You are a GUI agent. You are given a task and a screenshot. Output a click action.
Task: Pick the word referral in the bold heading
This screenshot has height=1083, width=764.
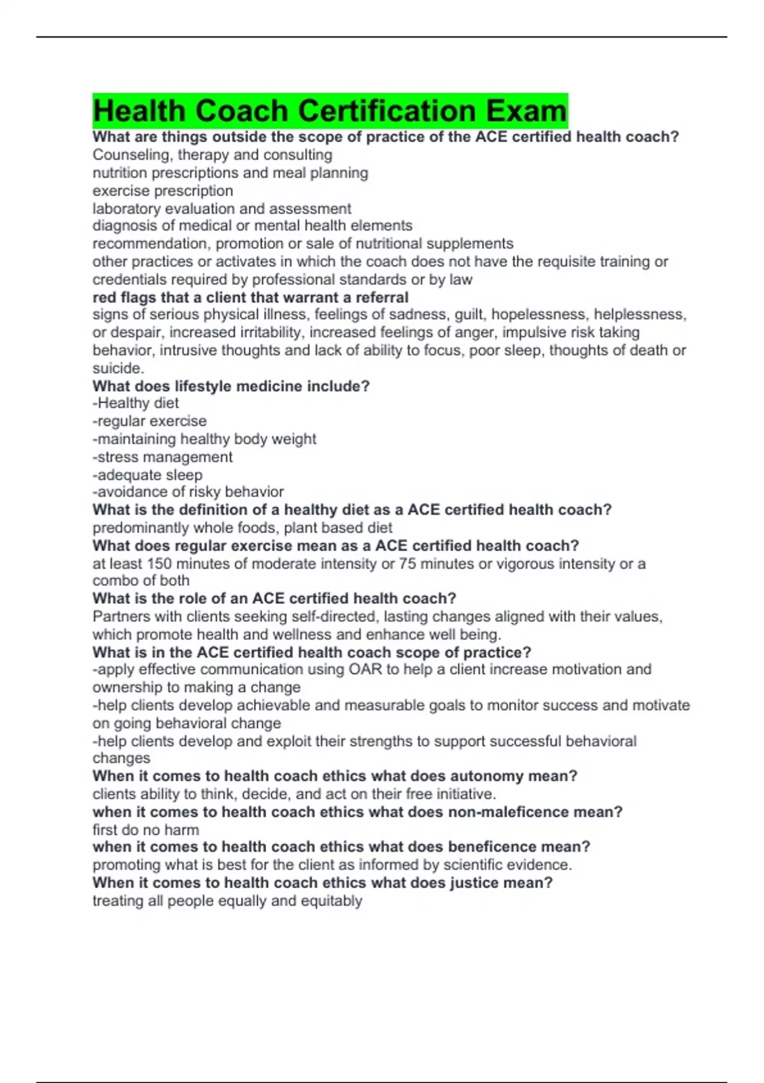[x=378, y=297]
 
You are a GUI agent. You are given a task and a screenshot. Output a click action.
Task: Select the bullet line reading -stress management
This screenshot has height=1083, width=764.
[x=162, y=457]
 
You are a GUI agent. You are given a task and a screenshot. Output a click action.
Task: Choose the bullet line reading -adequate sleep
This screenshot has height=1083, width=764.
[x=147, y=475]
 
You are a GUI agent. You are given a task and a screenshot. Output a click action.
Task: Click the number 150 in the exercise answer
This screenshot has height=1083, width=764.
[x=159, y=563]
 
